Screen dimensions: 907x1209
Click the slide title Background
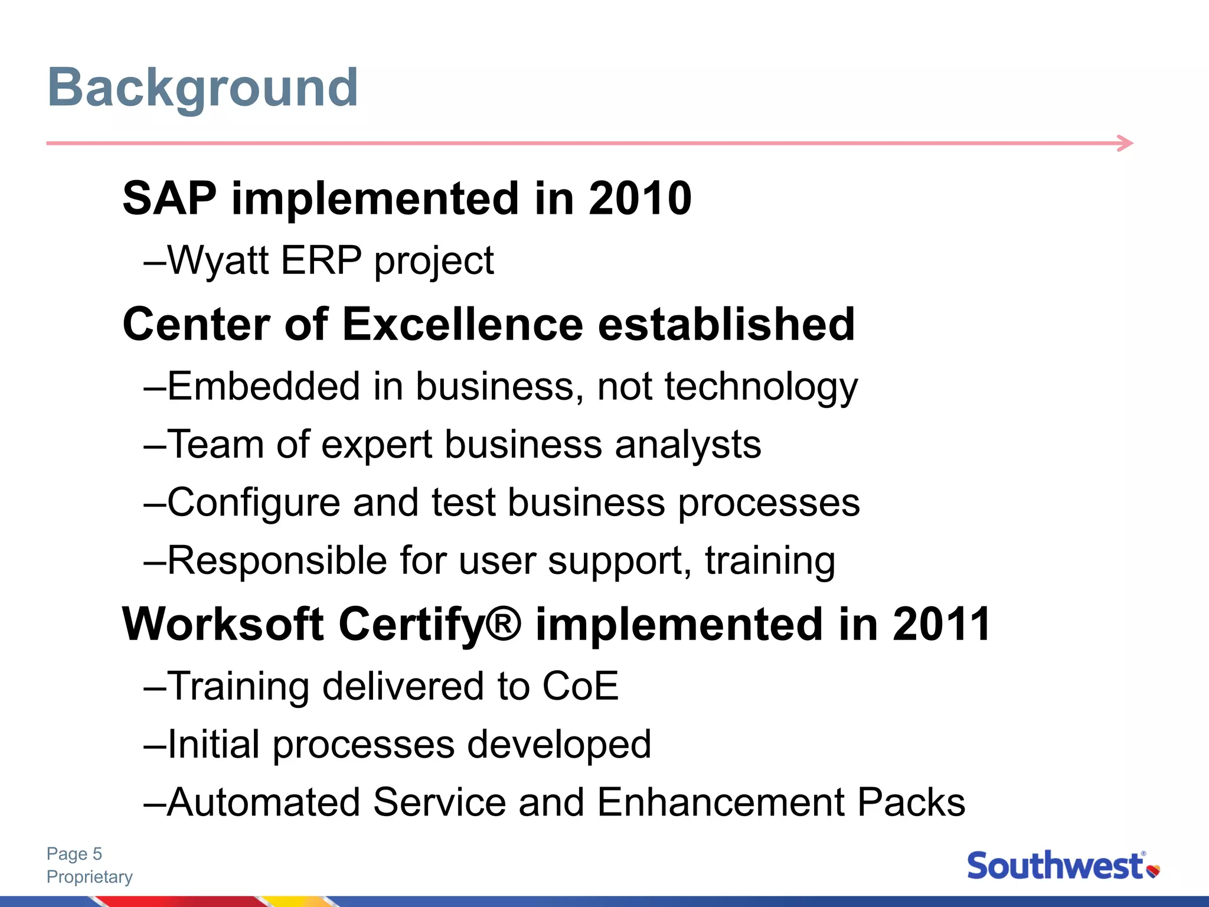pyautogui.click(x=202, y=89)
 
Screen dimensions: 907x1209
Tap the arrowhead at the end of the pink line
pyautogui.click(x=1126, y=143)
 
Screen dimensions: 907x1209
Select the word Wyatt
pyautogui.click(x=218, y=260)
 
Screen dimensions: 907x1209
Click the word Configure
pyautogui.click(x=254, y=503)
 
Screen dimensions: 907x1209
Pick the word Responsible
pyautogui.click(x=277, y=560)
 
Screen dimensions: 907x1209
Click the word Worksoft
pyautogui.click(x=223, y=625)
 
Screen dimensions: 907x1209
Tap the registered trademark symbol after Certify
pyautogui.click(x=505, y=623)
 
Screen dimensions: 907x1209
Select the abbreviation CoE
pyautogui.click(x=580, y=686)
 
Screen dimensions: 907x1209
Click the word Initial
pyautogui.click(x=214, y=744)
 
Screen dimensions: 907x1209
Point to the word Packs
pyautogui.click(x=911, y=802)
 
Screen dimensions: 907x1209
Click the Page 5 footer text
pyautogui.click(x=74, y=854)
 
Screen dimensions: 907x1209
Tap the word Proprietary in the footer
pyautogui.click(x=90, y=877)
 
